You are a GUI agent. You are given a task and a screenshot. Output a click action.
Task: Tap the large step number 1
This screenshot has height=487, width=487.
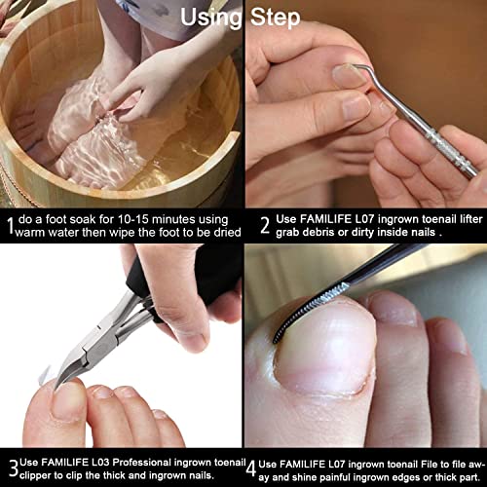click(10, 227)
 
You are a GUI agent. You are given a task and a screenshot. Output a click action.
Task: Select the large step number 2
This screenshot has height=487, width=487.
click(265, 227)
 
